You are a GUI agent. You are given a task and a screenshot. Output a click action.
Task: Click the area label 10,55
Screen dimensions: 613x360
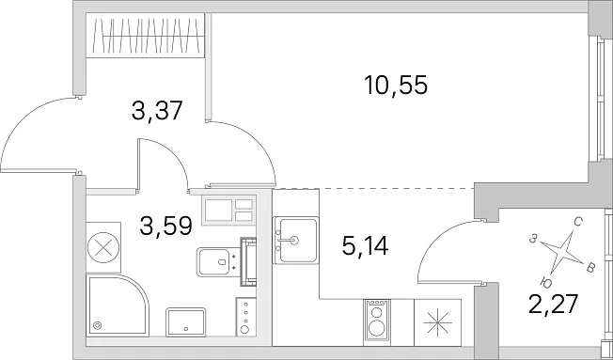396,86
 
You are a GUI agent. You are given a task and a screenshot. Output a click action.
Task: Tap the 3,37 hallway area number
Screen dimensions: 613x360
158,111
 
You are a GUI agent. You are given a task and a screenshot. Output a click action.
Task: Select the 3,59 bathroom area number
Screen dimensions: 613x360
165,226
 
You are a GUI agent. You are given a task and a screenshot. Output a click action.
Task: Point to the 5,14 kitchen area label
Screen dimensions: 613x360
365,246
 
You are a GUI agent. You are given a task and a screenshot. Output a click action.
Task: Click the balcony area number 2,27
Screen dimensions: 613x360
553,305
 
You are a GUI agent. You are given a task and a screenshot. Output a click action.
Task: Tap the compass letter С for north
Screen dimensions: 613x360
578,223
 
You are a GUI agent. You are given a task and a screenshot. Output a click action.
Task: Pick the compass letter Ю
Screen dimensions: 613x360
546,282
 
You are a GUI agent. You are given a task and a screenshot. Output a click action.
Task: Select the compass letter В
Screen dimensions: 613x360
591,268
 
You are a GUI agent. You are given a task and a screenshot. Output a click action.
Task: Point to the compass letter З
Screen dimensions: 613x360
532,239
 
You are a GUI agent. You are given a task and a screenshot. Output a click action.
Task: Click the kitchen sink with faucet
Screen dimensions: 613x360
295,241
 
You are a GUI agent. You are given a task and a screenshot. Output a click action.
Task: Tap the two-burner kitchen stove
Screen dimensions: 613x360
377,322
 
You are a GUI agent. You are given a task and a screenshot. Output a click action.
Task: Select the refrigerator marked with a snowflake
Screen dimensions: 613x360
438,322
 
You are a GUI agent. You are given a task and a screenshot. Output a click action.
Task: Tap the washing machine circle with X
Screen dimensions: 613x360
103,247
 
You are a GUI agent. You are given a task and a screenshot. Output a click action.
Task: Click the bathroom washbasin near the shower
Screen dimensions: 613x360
186,322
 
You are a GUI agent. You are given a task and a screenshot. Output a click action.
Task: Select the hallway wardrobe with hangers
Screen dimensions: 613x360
145,36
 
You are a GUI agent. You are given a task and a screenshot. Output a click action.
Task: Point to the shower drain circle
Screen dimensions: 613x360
97,325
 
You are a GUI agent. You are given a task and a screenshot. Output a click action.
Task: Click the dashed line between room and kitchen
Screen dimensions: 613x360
397,188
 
